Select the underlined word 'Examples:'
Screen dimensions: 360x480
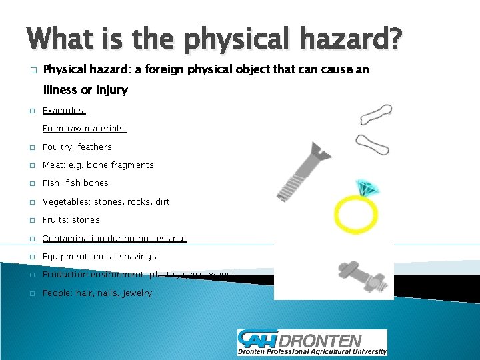click(64, 111)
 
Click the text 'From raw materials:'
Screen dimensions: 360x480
click(84, 129)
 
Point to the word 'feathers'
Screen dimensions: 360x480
click(95, 147)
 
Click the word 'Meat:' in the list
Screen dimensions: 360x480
click(55, 165)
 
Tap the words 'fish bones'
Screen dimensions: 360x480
click(87, 183)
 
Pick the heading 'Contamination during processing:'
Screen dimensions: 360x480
click(114, 238)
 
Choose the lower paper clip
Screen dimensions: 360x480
click(373, 143)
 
